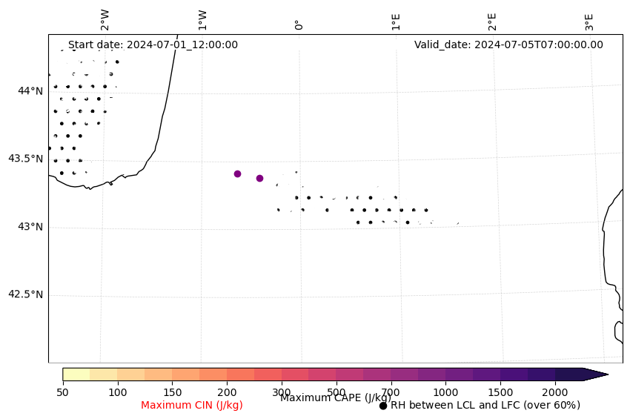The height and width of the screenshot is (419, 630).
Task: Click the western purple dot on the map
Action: coord(237,174)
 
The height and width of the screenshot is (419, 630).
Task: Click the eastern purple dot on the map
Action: coord(259,178)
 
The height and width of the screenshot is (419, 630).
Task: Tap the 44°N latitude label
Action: coord(30,90)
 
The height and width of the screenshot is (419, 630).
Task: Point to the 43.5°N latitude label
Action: coord(25,159)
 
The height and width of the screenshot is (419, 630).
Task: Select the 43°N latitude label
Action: coord(30,226)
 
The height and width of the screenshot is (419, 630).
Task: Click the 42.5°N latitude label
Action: coord(25,294)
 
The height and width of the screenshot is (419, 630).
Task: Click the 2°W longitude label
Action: coord(105,20)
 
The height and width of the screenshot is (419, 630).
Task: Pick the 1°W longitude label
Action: coord(202,20)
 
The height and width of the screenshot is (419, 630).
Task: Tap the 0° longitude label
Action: coord(299,24)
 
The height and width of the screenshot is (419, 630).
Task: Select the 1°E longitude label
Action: coord(396,21)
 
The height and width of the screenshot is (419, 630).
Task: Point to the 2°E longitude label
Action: coord(492,21)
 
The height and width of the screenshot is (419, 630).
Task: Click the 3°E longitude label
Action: coord(589,21)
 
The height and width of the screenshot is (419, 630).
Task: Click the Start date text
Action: coord(153,44)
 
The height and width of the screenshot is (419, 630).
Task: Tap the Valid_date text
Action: coord(508,44)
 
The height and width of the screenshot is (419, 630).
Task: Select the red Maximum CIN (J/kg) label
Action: coord(192,405)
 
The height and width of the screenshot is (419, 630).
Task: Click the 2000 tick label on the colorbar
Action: coord(555,392)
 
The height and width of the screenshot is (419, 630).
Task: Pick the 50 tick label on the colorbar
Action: coord(62,392)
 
